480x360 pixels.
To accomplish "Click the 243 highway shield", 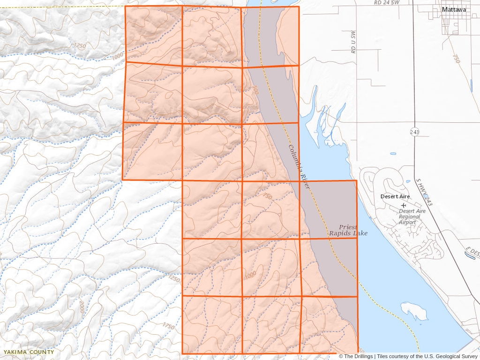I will [414, 132].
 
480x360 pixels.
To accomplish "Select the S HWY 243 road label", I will [424, 192].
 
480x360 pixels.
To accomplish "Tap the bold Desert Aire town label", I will [395, 196].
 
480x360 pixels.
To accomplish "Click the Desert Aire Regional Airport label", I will [412, 217].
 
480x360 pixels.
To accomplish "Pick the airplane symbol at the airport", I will [404, 205].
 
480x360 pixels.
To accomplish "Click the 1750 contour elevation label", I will [169, 325].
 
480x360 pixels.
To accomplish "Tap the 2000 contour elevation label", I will [82, 308].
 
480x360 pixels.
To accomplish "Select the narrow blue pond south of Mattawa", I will [470, 85].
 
